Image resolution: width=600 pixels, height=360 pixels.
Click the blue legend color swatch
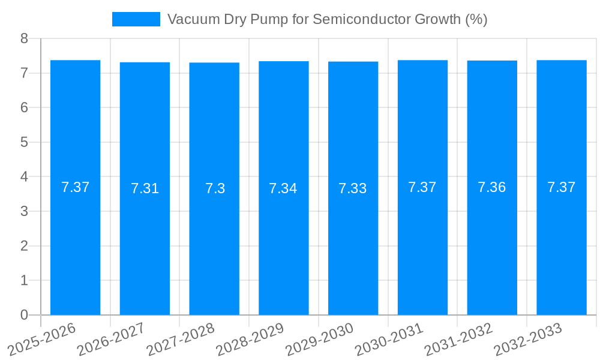click(136, 19)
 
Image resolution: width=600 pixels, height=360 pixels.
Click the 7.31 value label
click(145, 188)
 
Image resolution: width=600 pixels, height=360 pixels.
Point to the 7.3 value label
click(215, 188)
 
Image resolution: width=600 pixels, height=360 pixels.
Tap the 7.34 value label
click(283, 188)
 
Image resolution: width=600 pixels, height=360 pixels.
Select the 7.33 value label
click(353, 188)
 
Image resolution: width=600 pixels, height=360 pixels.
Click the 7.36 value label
click(492, 187)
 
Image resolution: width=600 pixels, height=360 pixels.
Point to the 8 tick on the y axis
click(24, 38)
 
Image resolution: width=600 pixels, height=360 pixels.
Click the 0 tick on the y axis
click(24, 315)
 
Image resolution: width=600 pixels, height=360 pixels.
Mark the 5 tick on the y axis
click(24, 142)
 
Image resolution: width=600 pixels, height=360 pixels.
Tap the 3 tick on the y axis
click(24, 211)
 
